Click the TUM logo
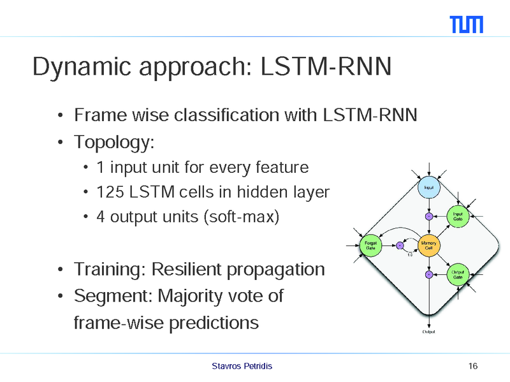coord(467,24)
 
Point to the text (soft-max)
coord(240,217)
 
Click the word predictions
coord(214,323)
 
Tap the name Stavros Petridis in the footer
coord(242,366)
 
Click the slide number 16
coord(472,366)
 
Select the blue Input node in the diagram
coord(429,187)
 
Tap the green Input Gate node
coord(458,216)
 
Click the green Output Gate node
coord(458,274)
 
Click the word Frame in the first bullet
coord(96,115)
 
